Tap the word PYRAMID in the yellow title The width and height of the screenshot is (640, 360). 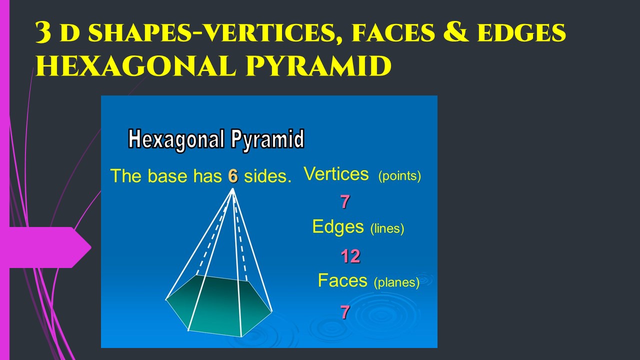tap(318, 66)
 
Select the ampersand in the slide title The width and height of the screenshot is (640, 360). tap(455, 32)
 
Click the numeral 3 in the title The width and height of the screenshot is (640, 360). tap(43, 32)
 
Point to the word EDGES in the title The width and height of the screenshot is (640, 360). tap(521, 32)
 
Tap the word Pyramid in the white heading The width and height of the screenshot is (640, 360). tap(267, 139)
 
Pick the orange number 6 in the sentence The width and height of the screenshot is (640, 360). tap(233, 175)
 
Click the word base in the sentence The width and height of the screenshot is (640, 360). tap(167, 175)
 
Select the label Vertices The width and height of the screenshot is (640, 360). tap(336, 173)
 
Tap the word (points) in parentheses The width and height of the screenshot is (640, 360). tap(399, 176)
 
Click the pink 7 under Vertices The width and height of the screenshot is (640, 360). tap(345, 201)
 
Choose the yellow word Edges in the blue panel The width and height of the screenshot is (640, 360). tap(338, 227)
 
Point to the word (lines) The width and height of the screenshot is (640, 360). tap(387, 228)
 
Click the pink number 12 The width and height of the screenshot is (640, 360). tap(350, 256)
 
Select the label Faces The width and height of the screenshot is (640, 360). tap(342, 280)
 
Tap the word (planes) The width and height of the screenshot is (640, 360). tap(396, 282)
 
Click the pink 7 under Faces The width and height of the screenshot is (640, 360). tap(345, 311)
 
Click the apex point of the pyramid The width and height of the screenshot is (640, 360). tap(233, 188)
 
